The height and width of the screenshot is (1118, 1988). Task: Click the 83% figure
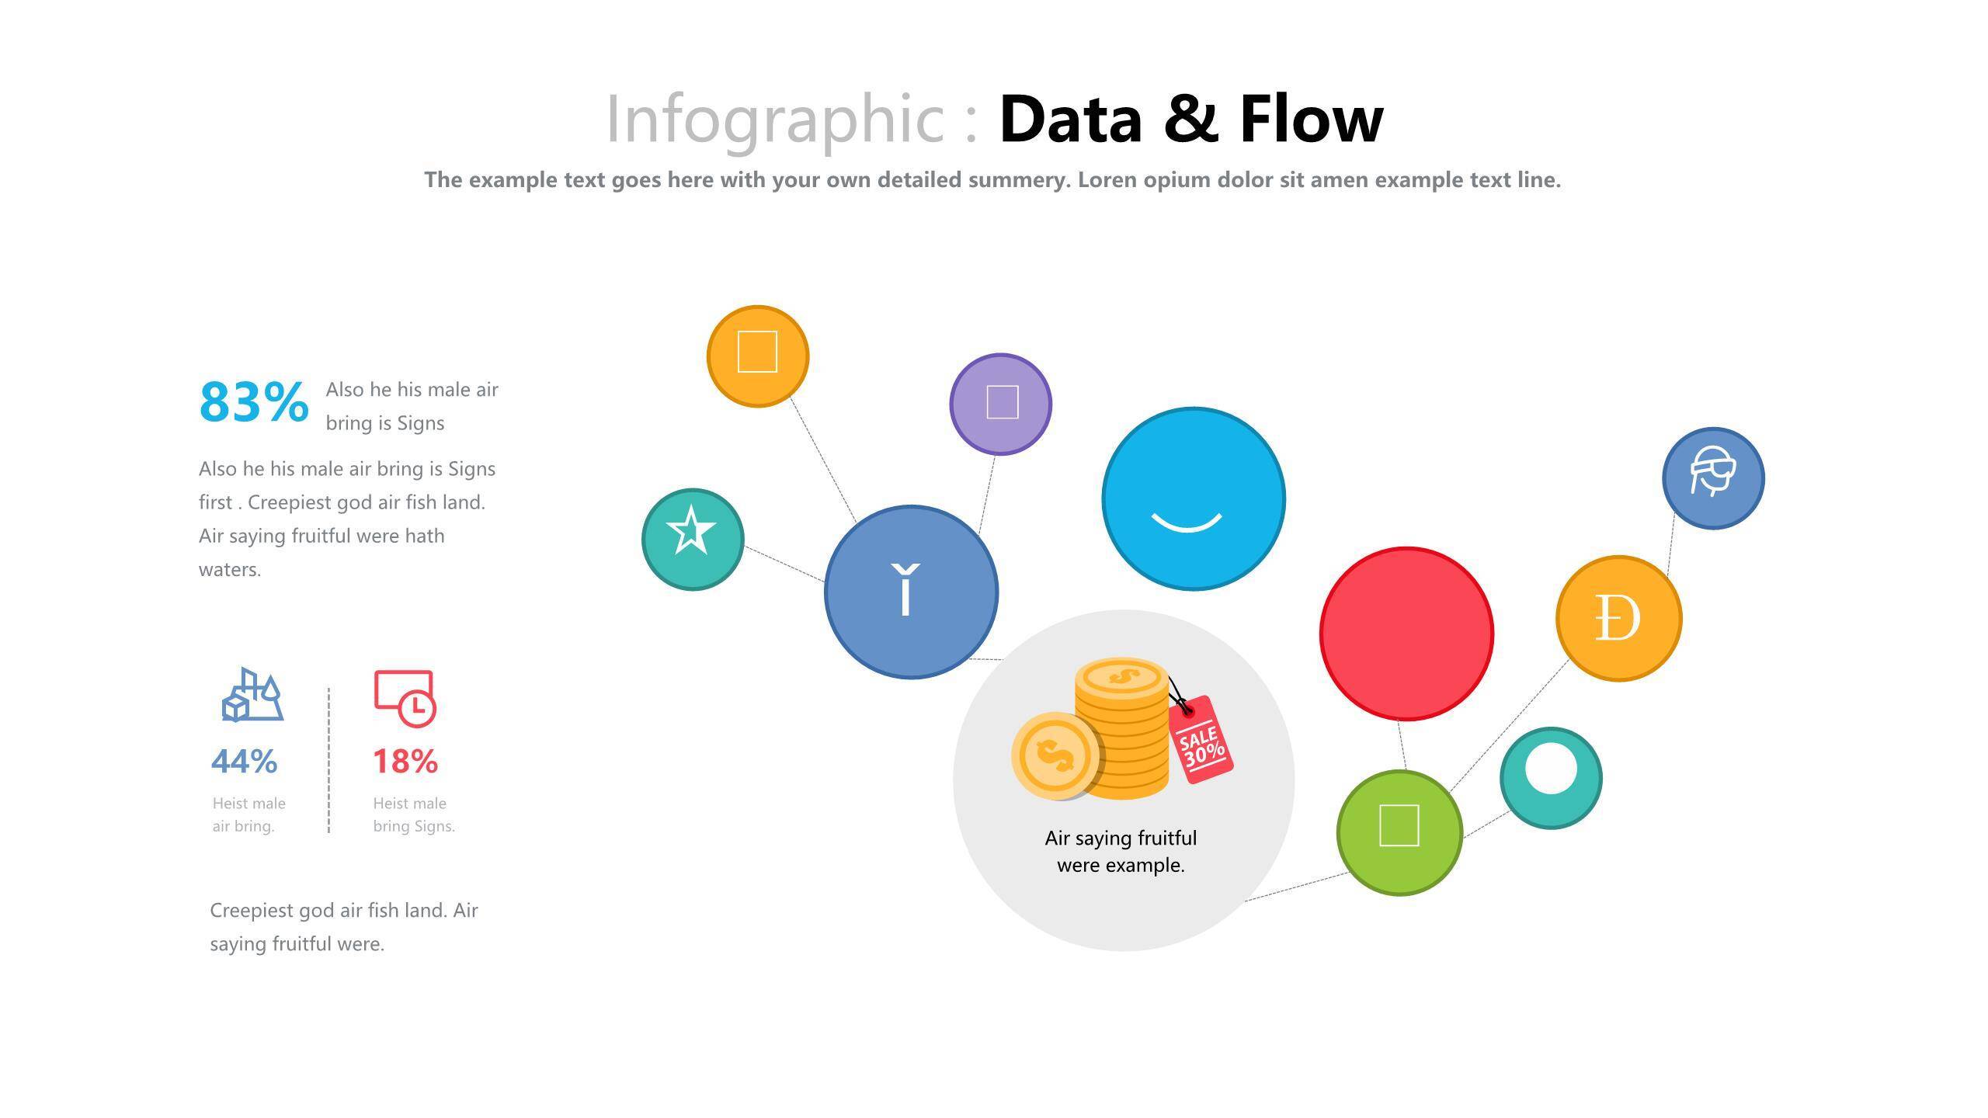254,402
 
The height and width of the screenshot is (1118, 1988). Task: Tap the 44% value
244,762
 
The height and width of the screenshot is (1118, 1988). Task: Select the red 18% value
405,762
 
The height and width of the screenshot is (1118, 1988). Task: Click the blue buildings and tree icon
252,694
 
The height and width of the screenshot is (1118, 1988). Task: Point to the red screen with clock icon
405,699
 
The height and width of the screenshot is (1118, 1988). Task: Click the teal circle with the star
693,539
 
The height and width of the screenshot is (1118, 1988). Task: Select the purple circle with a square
1000,404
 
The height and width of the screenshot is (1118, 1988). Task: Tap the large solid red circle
1406,634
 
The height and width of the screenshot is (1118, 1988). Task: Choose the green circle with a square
1399,832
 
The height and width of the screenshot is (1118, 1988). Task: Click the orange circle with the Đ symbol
1619,618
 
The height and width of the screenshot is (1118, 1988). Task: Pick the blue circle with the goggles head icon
1713,478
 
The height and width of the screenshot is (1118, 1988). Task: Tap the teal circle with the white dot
1551,778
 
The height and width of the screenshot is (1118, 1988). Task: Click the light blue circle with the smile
1194,498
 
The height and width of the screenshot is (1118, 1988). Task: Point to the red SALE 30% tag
1201,740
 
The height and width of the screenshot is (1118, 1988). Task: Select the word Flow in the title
1312,119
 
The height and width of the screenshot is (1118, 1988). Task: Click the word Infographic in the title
775,121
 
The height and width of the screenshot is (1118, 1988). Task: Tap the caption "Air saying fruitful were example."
1121,852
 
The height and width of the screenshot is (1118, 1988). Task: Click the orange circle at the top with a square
758,356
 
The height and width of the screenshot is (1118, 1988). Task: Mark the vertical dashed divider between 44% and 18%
328,760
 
